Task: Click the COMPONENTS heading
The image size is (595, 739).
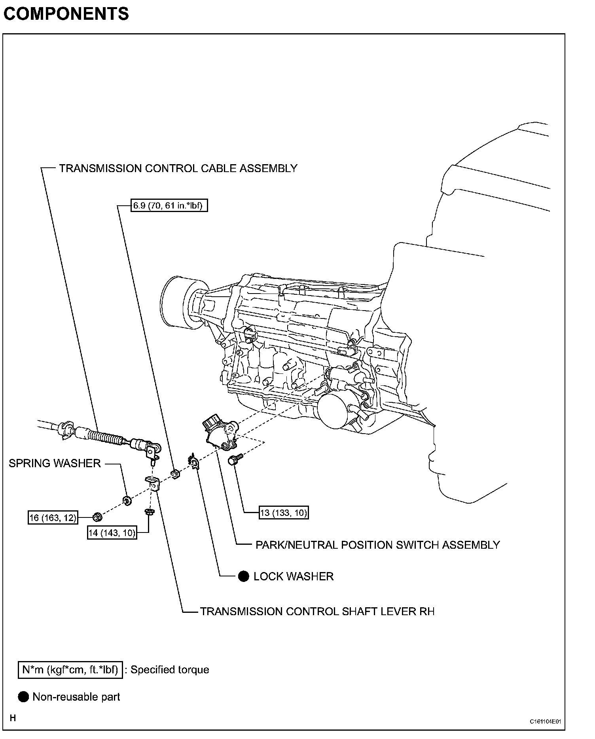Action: click(66, 14)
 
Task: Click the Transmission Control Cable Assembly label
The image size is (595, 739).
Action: click(178, 169)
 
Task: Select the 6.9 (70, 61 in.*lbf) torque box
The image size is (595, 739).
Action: click(169, 206)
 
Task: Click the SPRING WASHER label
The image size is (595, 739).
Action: click(55, 463)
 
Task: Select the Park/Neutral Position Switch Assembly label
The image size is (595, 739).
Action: click(377, 545)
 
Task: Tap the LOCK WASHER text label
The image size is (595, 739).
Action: click(294, 577)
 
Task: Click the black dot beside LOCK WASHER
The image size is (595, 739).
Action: click(244, 577)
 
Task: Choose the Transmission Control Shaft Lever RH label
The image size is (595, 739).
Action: click(317, 612)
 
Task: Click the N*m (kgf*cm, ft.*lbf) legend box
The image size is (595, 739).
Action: click(70, 670)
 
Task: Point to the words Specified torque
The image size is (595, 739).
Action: click(170, 670)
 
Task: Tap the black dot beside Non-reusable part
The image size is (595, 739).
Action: click(24, 697)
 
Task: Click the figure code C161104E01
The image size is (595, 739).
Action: click(546, 722)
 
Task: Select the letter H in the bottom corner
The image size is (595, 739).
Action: click(13, 718)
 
